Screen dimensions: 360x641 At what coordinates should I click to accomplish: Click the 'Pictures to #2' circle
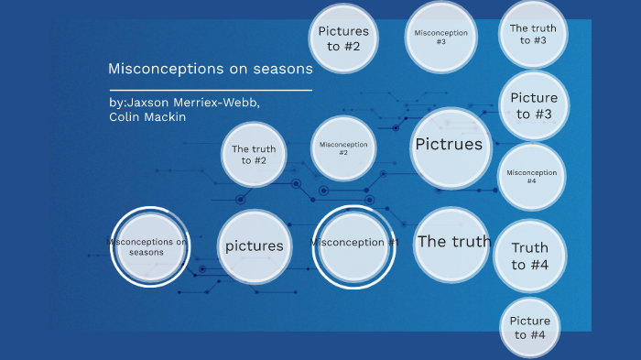click(344, 38)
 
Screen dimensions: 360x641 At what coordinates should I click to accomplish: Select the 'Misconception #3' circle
click(441, 38)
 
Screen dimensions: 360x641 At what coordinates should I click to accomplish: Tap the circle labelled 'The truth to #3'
click(533, 35)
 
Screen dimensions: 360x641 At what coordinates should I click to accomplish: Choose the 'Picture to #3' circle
click(533, 106)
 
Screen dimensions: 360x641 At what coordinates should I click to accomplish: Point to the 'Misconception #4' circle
click(532, 176)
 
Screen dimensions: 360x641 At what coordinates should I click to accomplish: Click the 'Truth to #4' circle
click(530, 256)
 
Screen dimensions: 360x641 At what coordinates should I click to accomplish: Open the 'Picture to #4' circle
click(529, 328)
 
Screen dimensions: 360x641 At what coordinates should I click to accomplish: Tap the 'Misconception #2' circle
click(343, 147)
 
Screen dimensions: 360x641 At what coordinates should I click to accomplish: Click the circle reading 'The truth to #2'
click(254, 155)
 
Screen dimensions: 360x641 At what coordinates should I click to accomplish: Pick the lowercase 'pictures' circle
click(254, 246)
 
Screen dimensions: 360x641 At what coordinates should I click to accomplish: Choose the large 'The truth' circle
click(452, 243)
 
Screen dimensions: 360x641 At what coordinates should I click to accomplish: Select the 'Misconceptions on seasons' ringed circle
click(149, 246)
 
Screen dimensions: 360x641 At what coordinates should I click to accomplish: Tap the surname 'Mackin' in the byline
click(166, 117)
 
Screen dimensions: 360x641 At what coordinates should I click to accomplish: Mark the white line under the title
click(211, 91)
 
